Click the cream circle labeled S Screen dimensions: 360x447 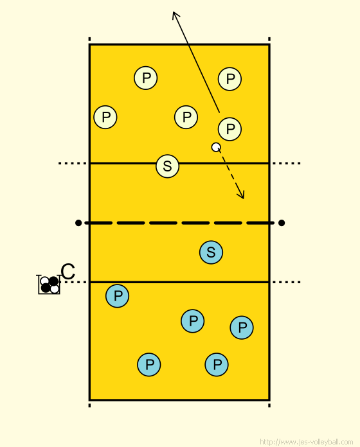tap(167, 166)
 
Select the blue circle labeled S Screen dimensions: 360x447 tap(211, 252)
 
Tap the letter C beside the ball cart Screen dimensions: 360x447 tap(68, 272)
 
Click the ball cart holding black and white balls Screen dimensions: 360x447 tap(49, 285)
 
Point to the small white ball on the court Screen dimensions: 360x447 tap(216, 147)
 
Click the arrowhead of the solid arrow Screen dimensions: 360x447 tap(175, 14)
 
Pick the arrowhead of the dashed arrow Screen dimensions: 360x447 tap(242, 195)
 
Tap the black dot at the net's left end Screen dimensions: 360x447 tap(78, 223)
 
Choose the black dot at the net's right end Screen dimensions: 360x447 tap(282, 223)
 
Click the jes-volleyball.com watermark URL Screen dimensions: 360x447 tap(307, 442)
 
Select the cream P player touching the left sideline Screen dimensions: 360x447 tap(105, 117)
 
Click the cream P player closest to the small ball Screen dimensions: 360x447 tap(230, 129)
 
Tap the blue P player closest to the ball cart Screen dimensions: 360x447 tap(117, 296)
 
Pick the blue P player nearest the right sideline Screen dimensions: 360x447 tap(242, 328)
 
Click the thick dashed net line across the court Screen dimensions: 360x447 tap(179, 223)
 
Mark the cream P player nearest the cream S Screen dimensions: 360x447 tap(186, 117)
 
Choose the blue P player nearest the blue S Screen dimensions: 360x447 tap(193, 321)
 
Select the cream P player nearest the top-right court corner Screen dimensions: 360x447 tap(230, 79)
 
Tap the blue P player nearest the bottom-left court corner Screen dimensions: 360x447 tap(149, 365)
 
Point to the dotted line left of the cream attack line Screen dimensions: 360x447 tap(73, 163)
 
